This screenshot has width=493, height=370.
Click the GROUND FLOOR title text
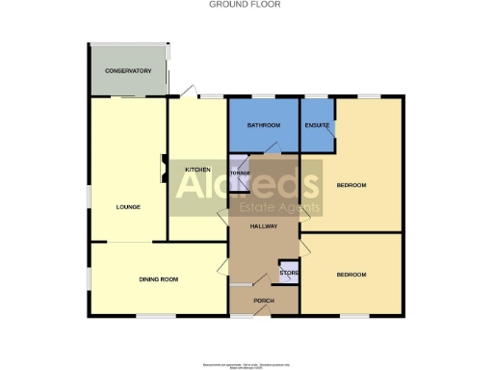(246, 5)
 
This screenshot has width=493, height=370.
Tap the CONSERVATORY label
(129, 71)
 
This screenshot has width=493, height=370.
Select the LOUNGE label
(129, 206)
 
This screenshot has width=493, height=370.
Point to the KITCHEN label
(197, 170)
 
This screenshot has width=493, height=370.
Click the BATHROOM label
(263, 126)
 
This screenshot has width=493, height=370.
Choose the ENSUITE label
(318, 126)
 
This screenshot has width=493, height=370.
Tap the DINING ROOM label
(159, 279)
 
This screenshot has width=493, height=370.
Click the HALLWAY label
(263, 226)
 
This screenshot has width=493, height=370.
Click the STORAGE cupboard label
(240, 173)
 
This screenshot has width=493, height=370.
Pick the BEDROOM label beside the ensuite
(351, 185)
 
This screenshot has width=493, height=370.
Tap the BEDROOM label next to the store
(351, 275)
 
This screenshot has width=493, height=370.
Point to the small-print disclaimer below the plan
(246, 366)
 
